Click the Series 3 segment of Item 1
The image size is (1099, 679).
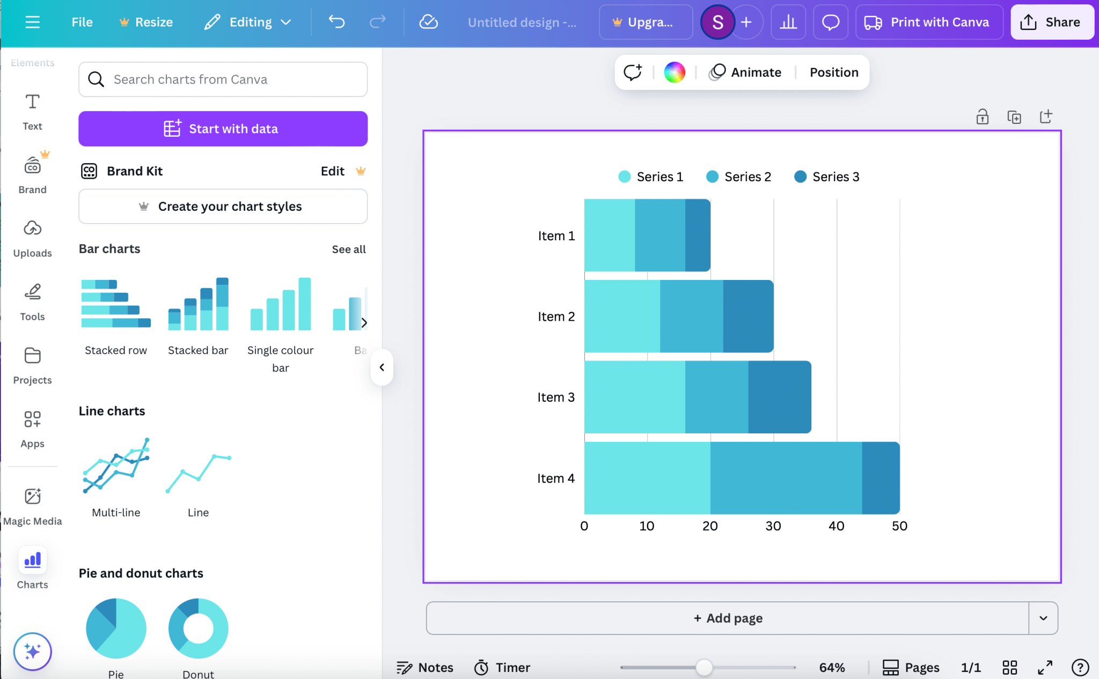click(697, 235)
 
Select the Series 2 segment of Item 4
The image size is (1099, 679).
click(786, 478)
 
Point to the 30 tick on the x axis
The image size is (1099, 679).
click(773, 526)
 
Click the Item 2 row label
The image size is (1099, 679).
click(556, 316)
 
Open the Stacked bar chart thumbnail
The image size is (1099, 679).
click(198, 305)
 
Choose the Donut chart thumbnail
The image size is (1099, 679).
click(198, 628)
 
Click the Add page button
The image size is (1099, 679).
click(728, 618)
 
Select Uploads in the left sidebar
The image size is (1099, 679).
click(32, 238)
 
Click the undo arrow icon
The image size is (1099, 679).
click(336, 22)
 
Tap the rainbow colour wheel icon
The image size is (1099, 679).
click(674, 72)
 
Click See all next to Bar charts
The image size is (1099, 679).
click(348, 249)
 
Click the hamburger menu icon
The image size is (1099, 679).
click(33, 22)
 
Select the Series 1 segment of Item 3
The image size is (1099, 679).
click(634, 397)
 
